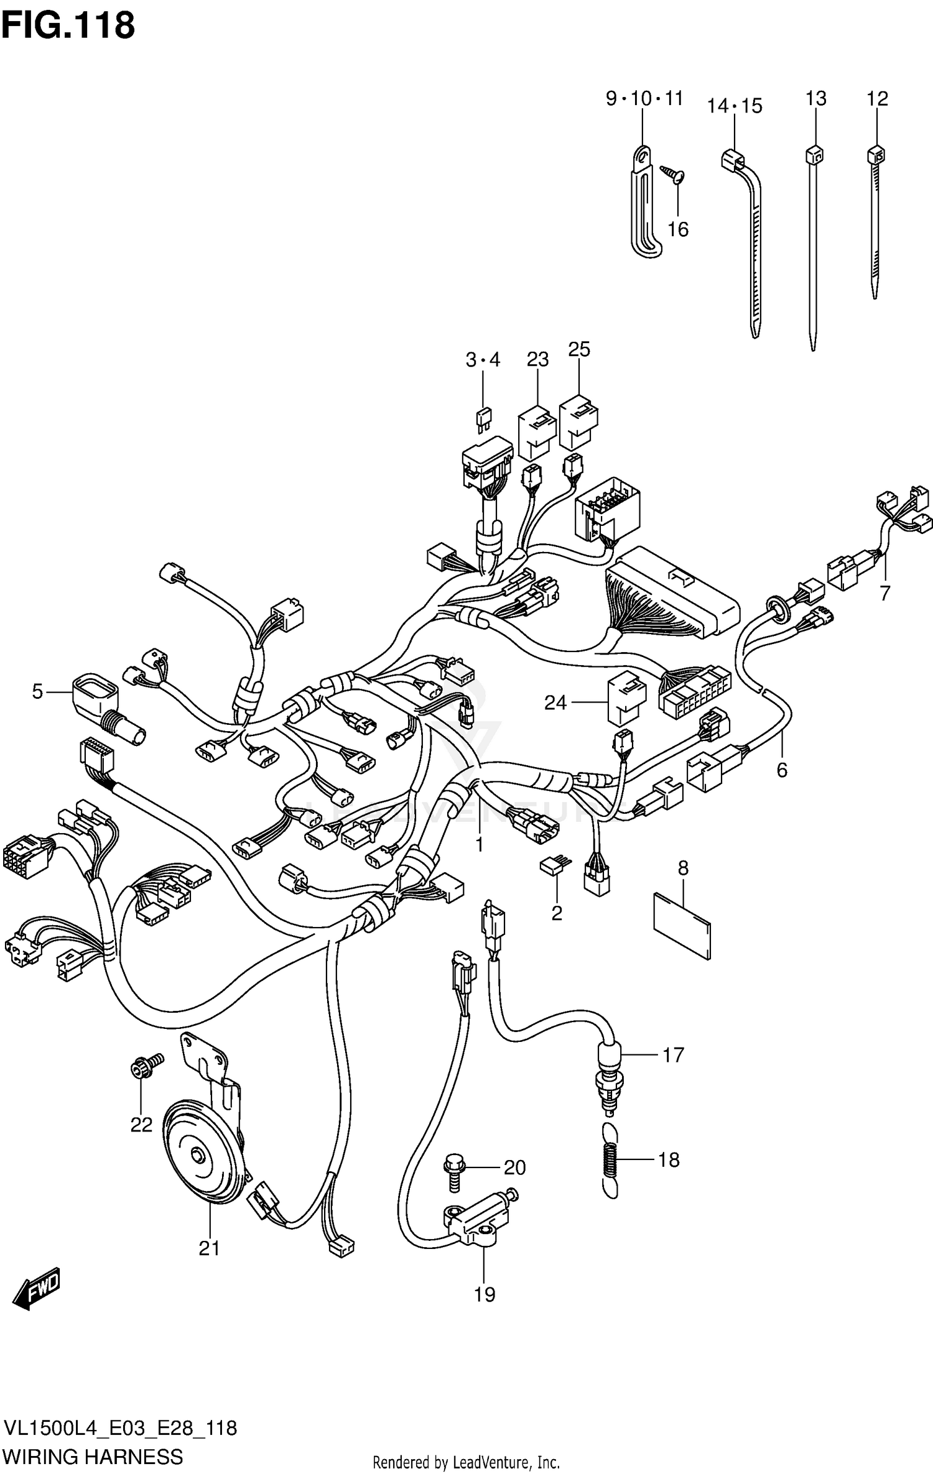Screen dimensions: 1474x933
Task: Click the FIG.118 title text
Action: (x=68, y=25)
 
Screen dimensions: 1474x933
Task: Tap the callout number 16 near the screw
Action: (x=678, y=229)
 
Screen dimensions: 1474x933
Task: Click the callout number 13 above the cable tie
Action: (x=815, y=98)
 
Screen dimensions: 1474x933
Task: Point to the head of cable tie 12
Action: (x=876, y=154)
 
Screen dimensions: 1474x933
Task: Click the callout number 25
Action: (x=578, y=349)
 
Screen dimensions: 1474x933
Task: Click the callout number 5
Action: (x=37, y=691)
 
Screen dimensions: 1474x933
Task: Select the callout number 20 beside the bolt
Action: (x=514, y=1168)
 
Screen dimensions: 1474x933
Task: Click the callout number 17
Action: (x=673, y=1054)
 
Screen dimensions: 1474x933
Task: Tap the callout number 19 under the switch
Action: (x=485, y=1294)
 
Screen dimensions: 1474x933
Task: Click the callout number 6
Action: (x=782, y=770)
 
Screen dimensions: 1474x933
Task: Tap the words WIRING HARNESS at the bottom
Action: (x=93, y=1457)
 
